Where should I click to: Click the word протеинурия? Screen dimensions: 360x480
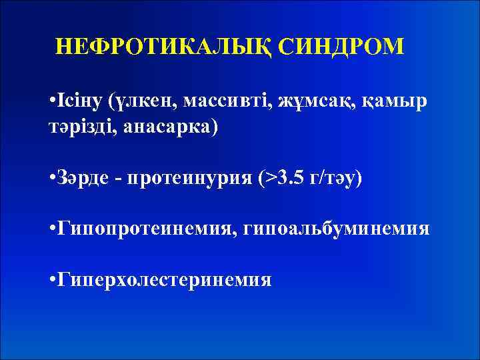click(x=186, y=179)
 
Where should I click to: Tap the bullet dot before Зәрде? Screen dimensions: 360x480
click(x=53, y=179)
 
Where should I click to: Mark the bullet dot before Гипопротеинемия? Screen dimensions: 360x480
click(x=53, y=229)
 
